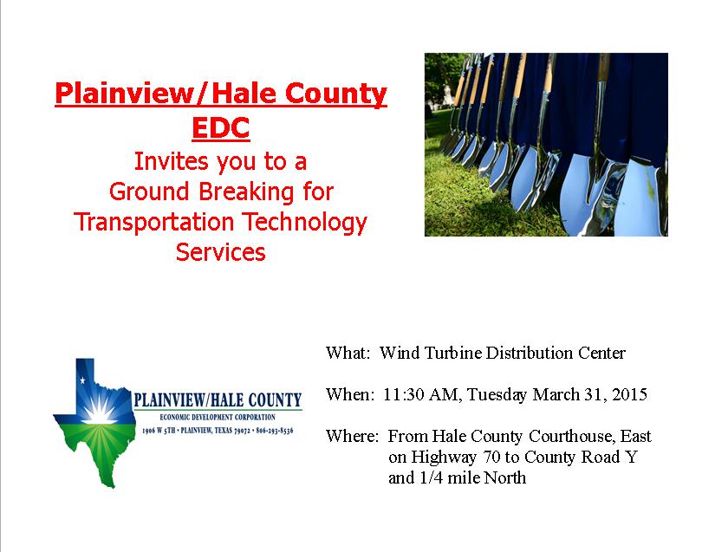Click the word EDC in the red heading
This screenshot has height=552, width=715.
pyautogui.click(x=220, y=127)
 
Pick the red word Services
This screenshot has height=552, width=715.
pyautogui.click(x=220, y=252)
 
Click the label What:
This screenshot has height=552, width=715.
pyautogui.click(x=348, y=354)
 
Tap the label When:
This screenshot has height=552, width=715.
pyautogui.click(x=349, y=395)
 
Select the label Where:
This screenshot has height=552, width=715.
pyautogui.click(x=352, y=436)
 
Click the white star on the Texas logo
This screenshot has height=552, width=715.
pyautogui.click(x=83, y=381)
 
